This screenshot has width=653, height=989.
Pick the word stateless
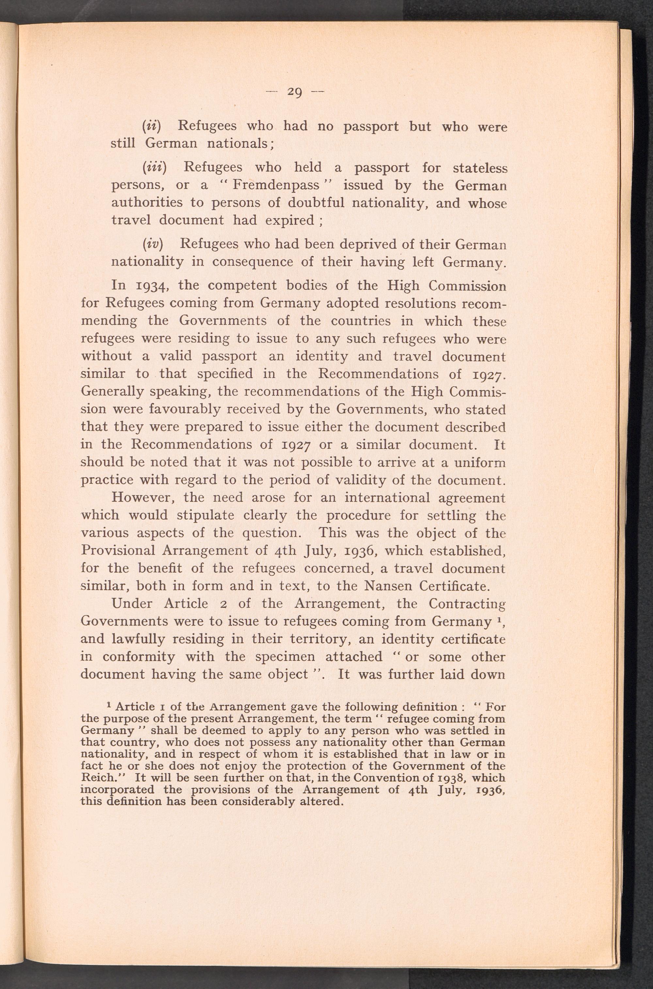pyautogui.click(x=480, y=168)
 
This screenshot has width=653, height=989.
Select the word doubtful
pyautogui.click(x=313, y=203)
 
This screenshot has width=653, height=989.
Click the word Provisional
pyautogui.click(x=118, y=551)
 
